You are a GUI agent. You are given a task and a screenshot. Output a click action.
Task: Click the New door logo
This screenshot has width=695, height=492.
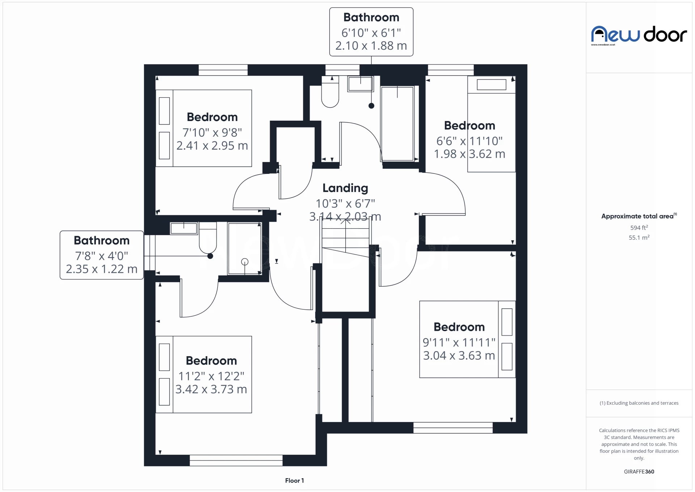(x=639, y=35)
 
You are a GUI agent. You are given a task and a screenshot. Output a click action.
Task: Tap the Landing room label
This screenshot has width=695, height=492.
(x=345, y=188)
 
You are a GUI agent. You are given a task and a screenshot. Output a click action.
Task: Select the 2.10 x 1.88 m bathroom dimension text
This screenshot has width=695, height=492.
(x=371, y=46)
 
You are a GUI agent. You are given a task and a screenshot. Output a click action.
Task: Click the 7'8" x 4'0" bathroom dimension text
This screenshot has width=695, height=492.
(x=101, y=256)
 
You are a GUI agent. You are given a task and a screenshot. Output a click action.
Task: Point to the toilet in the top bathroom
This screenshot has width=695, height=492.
(x=330, y=94)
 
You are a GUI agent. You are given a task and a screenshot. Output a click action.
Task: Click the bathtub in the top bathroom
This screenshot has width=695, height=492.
(x=397, y=123)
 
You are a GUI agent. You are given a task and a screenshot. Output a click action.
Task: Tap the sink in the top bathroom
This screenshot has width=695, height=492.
(x=360, y=84)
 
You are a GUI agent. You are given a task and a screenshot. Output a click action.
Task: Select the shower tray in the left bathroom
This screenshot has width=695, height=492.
(x=244, y=249)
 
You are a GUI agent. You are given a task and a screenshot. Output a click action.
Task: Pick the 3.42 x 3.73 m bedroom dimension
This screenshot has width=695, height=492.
(x=211, y=389)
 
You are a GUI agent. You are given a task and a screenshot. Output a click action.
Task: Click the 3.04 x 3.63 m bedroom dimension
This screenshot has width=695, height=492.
(x=459, y=356)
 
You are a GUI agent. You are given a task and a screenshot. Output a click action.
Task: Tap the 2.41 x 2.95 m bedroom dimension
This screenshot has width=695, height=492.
(x=212, y=146)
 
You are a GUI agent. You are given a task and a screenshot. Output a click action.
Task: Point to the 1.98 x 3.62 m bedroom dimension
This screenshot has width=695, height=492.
(x=469, y=154)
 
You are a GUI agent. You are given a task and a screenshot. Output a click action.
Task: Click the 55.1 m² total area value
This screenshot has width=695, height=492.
(x=639, y=238)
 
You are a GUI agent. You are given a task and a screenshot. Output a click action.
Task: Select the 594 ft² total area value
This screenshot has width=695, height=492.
(x=639, y=228)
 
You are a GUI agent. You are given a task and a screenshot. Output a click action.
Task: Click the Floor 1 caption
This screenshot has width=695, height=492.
(x=294, y=481)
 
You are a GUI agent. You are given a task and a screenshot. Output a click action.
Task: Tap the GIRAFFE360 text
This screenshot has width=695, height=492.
(x=639, y=472)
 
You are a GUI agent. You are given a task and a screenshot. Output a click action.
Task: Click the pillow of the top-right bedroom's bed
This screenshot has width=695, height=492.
(x=491, y=85)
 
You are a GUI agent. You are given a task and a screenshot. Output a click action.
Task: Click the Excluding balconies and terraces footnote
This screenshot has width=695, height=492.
(x=639, y=403)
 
